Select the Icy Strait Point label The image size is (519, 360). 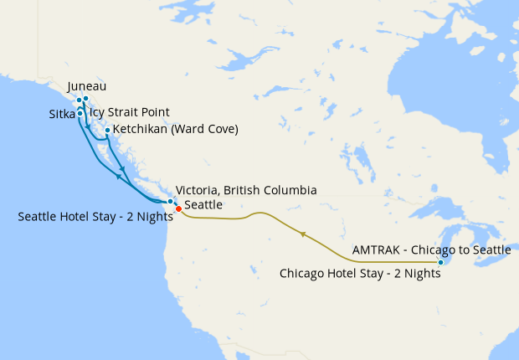click(130, 111)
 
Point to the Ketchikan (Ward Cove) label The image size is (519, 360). click(176, 130)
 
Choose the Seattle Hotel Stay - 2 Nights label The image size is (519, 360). click(95, 216)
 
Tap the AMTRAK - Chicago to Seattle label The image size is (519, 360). click(431, 249)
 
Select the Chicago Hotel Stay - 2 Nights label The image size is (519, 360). click(360, 273)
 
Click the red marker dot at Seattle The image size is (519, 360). click(178, 208)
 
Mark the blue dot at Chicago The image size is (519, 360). click(440, 263)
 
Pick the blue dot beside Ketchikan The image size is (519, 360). click(107, 130)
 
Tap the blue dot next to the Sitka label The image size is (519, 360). click(80, 112)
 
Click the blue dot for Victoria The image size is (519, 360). click(171, 201)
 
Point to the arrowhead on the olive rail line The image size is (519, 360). click(302, 234)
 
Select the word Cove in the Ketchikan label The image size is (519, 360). click(220, 130)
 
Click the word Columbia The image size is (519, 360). click(288, 191)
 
